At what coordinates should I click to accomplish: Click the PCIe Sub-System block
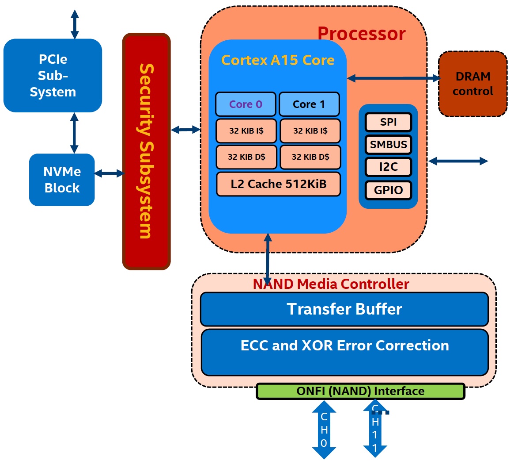(53, 75)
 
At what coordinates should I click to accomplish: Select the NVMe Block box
(62, 180)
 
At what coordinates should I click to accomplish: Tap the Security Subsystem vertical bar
(146, 151)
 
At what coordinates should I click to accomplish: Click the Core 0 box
(246, 104)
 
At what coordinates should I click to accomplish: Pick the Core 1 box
(309, 104)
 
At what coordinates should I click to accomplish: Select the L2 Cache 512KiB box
(278, 184)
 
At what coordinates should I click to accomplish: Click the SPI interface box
(388, 122)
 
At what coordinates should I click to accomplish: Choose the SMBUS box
(388, 145)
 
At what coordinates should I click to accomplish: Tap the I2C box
(388, 167)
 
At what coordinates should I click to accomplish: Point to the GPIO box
(388, 190)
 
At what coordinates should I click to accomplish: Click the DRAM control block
(472, 84)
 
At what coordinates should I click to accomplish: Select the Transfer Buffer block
(344, 309)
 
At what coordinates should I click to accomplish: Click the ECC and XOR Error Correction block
(344, 352)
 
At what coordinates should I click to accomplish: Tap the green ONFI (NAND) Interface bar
(360, 392)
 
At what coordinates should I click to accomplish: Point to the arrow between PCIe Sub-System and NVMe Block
(74, 133)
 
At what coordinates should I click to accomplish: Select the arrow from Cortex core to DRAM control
(393, 78)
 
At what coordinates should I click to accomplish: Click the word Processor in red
(361, 34)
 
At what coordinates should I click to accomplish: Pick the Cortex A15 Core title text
(278, 60)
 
